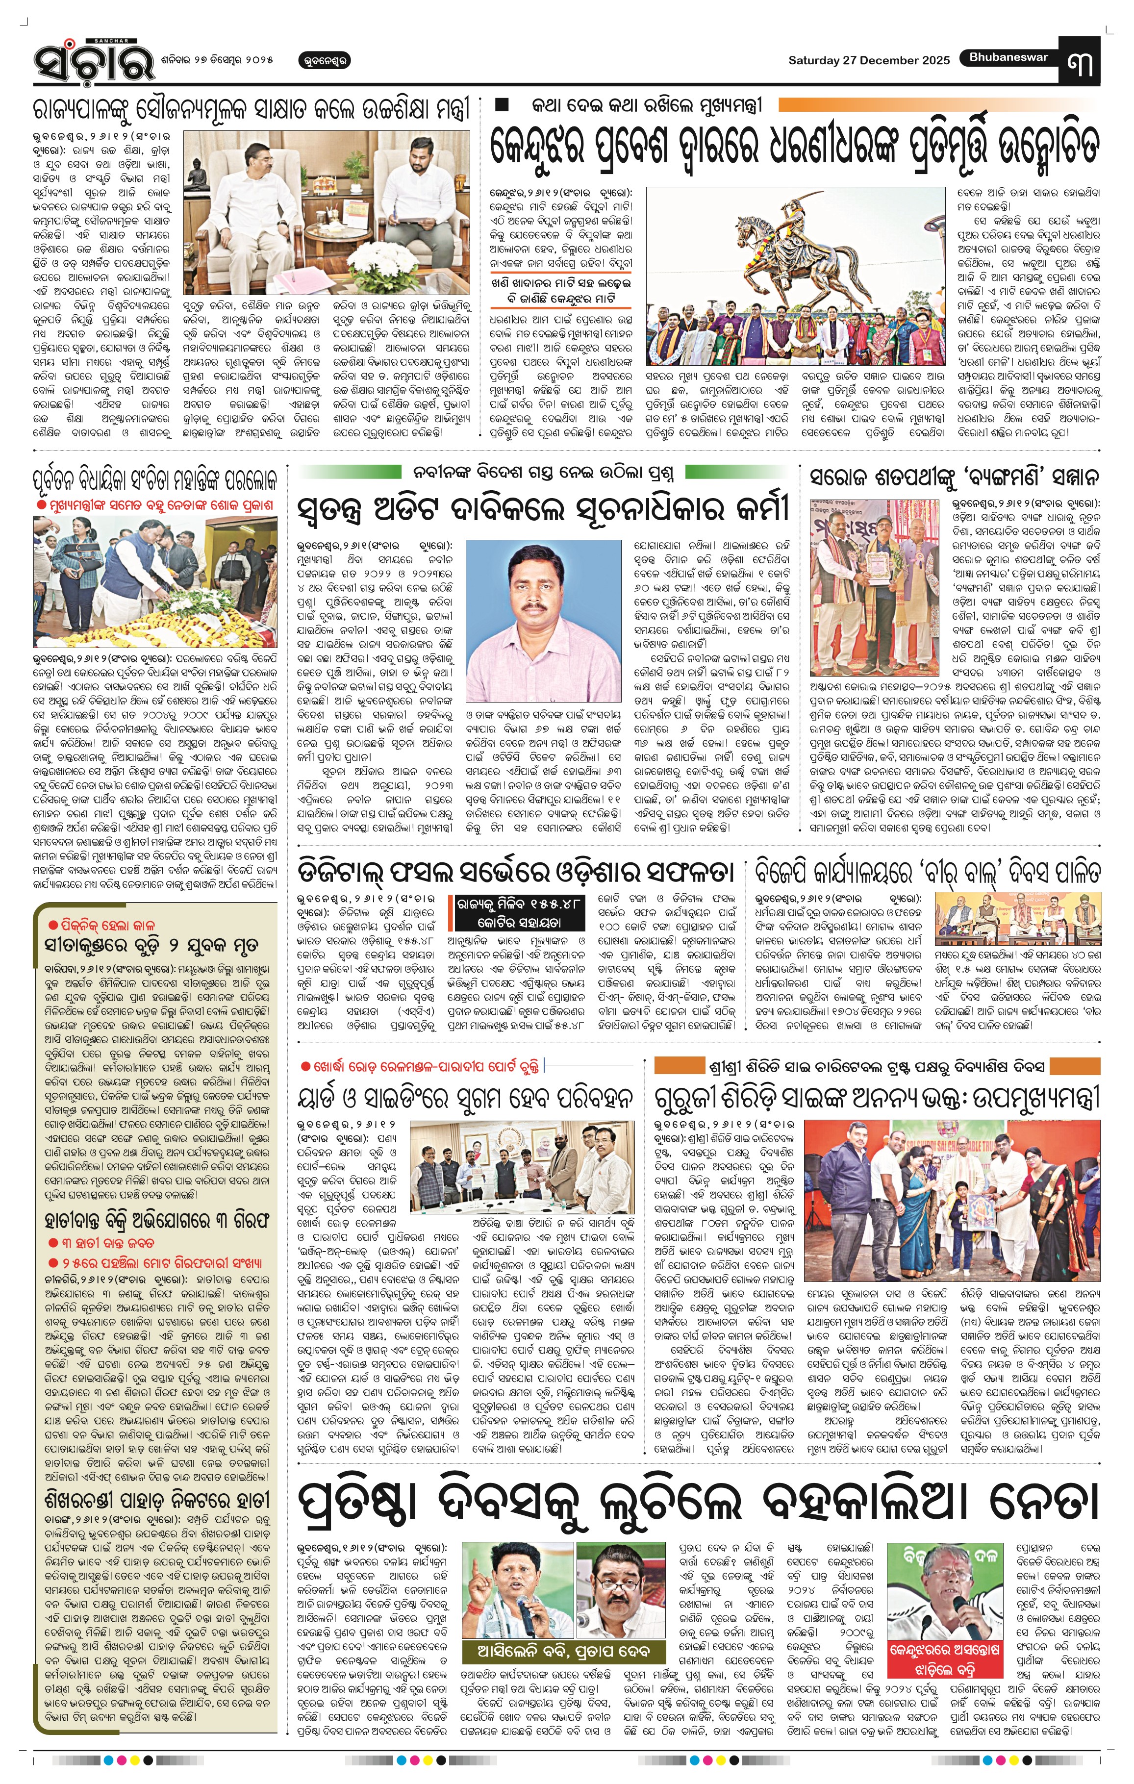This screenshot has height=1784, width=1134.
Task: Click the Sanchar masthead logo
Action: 93,60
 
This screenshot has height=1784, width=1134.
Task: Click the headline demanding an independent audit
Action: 543,510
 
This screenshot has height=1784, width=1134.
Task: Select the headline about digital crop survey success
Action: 516,871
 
